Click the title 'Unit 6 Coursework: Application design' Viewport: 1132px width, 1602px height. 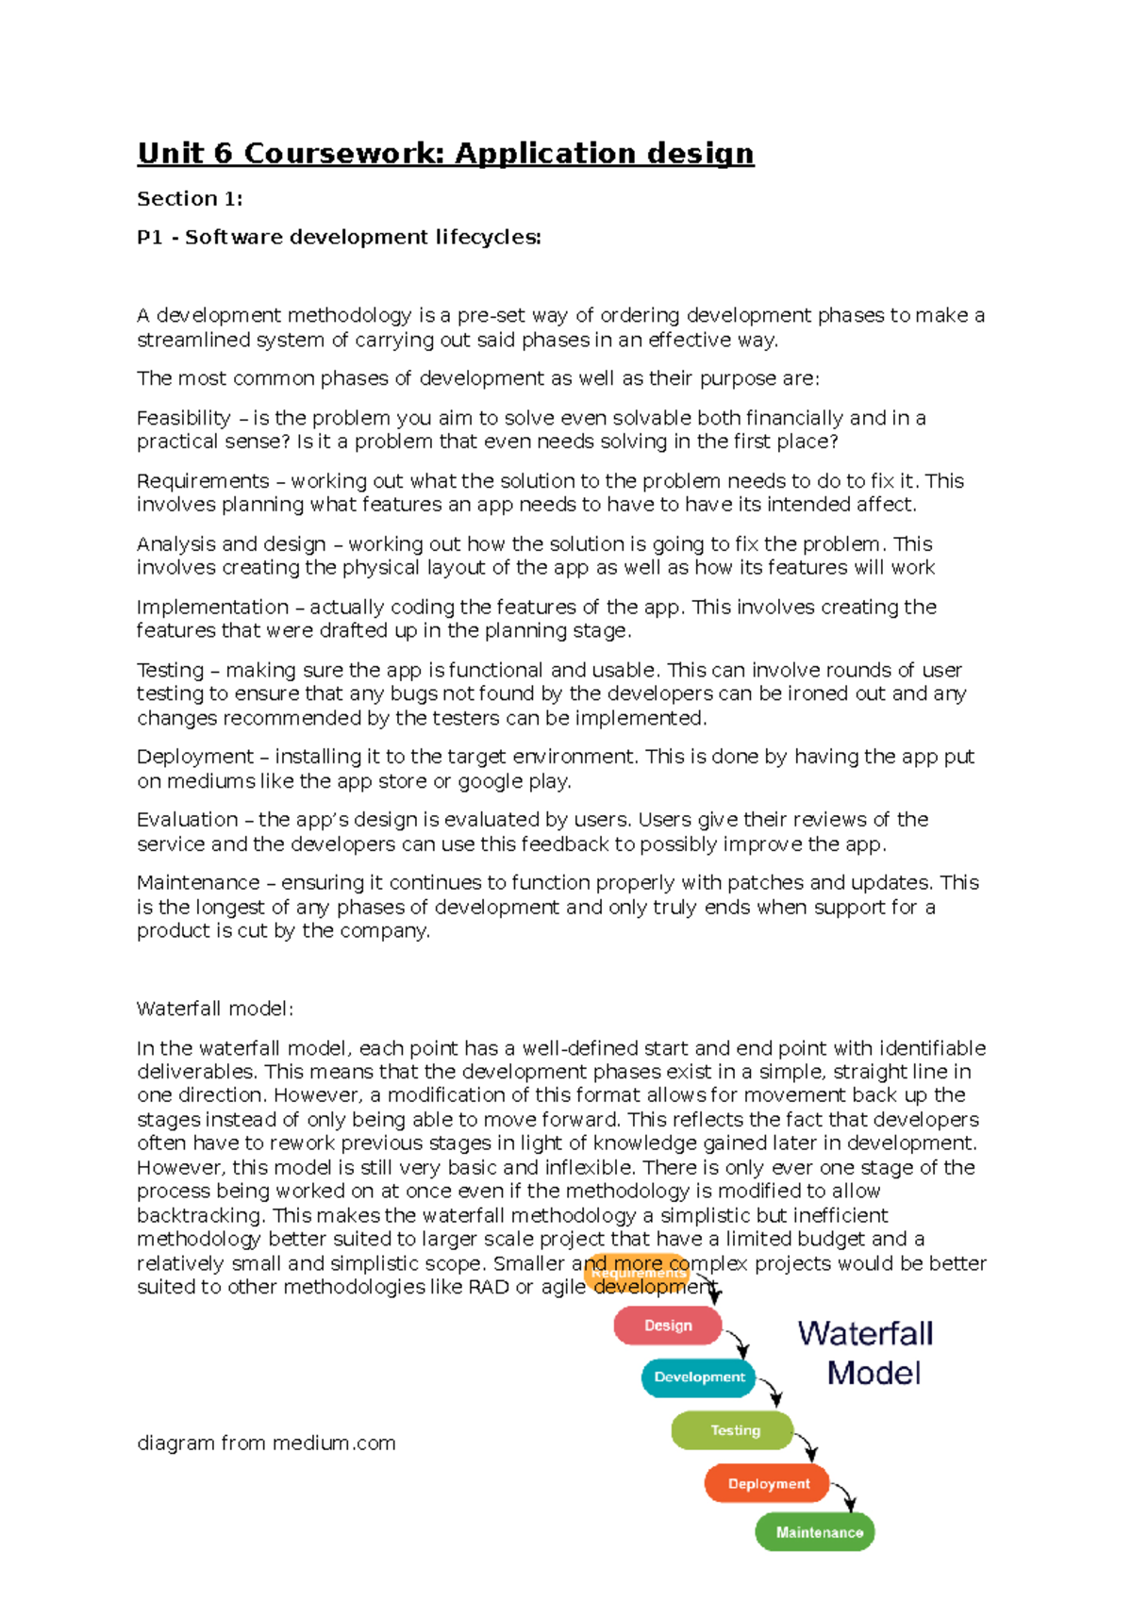[445, 153]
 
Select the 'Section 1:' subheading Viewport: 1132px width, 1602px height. [190, 199]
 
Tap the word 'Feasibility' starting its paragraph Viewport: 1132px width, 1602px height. [184, 418]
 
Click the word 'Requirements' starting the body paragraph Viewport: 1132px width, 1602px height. [203, 481]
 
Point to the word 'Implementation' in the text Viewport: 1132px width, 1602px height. [212, 607]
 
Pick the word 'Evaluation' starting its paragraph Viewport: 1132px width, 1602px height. [187, 819]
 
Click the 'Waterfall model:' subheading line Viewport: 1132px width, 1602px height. [215, 1009]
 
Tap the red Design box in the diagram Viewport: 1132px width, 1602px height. [668, 1326]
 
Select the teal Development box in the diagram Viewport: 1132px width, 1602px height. [699, 1377]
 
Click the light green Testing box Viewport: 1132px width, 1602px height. [733, 1430]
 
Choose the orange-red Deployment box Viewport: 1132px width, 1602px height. [768, 1483]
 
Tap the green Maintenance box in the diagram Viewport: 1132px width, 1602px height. [816, 1532]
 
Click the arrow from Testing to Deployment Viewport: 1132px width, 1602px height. [807, 1446]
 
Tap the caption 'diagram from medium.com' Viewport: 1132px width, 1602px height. [266, 1443]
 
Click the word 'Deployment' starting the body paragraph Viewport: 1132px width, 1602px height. [195, 757]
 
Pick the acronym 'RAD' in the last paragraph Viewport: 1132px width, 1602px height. [488, 1287]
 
